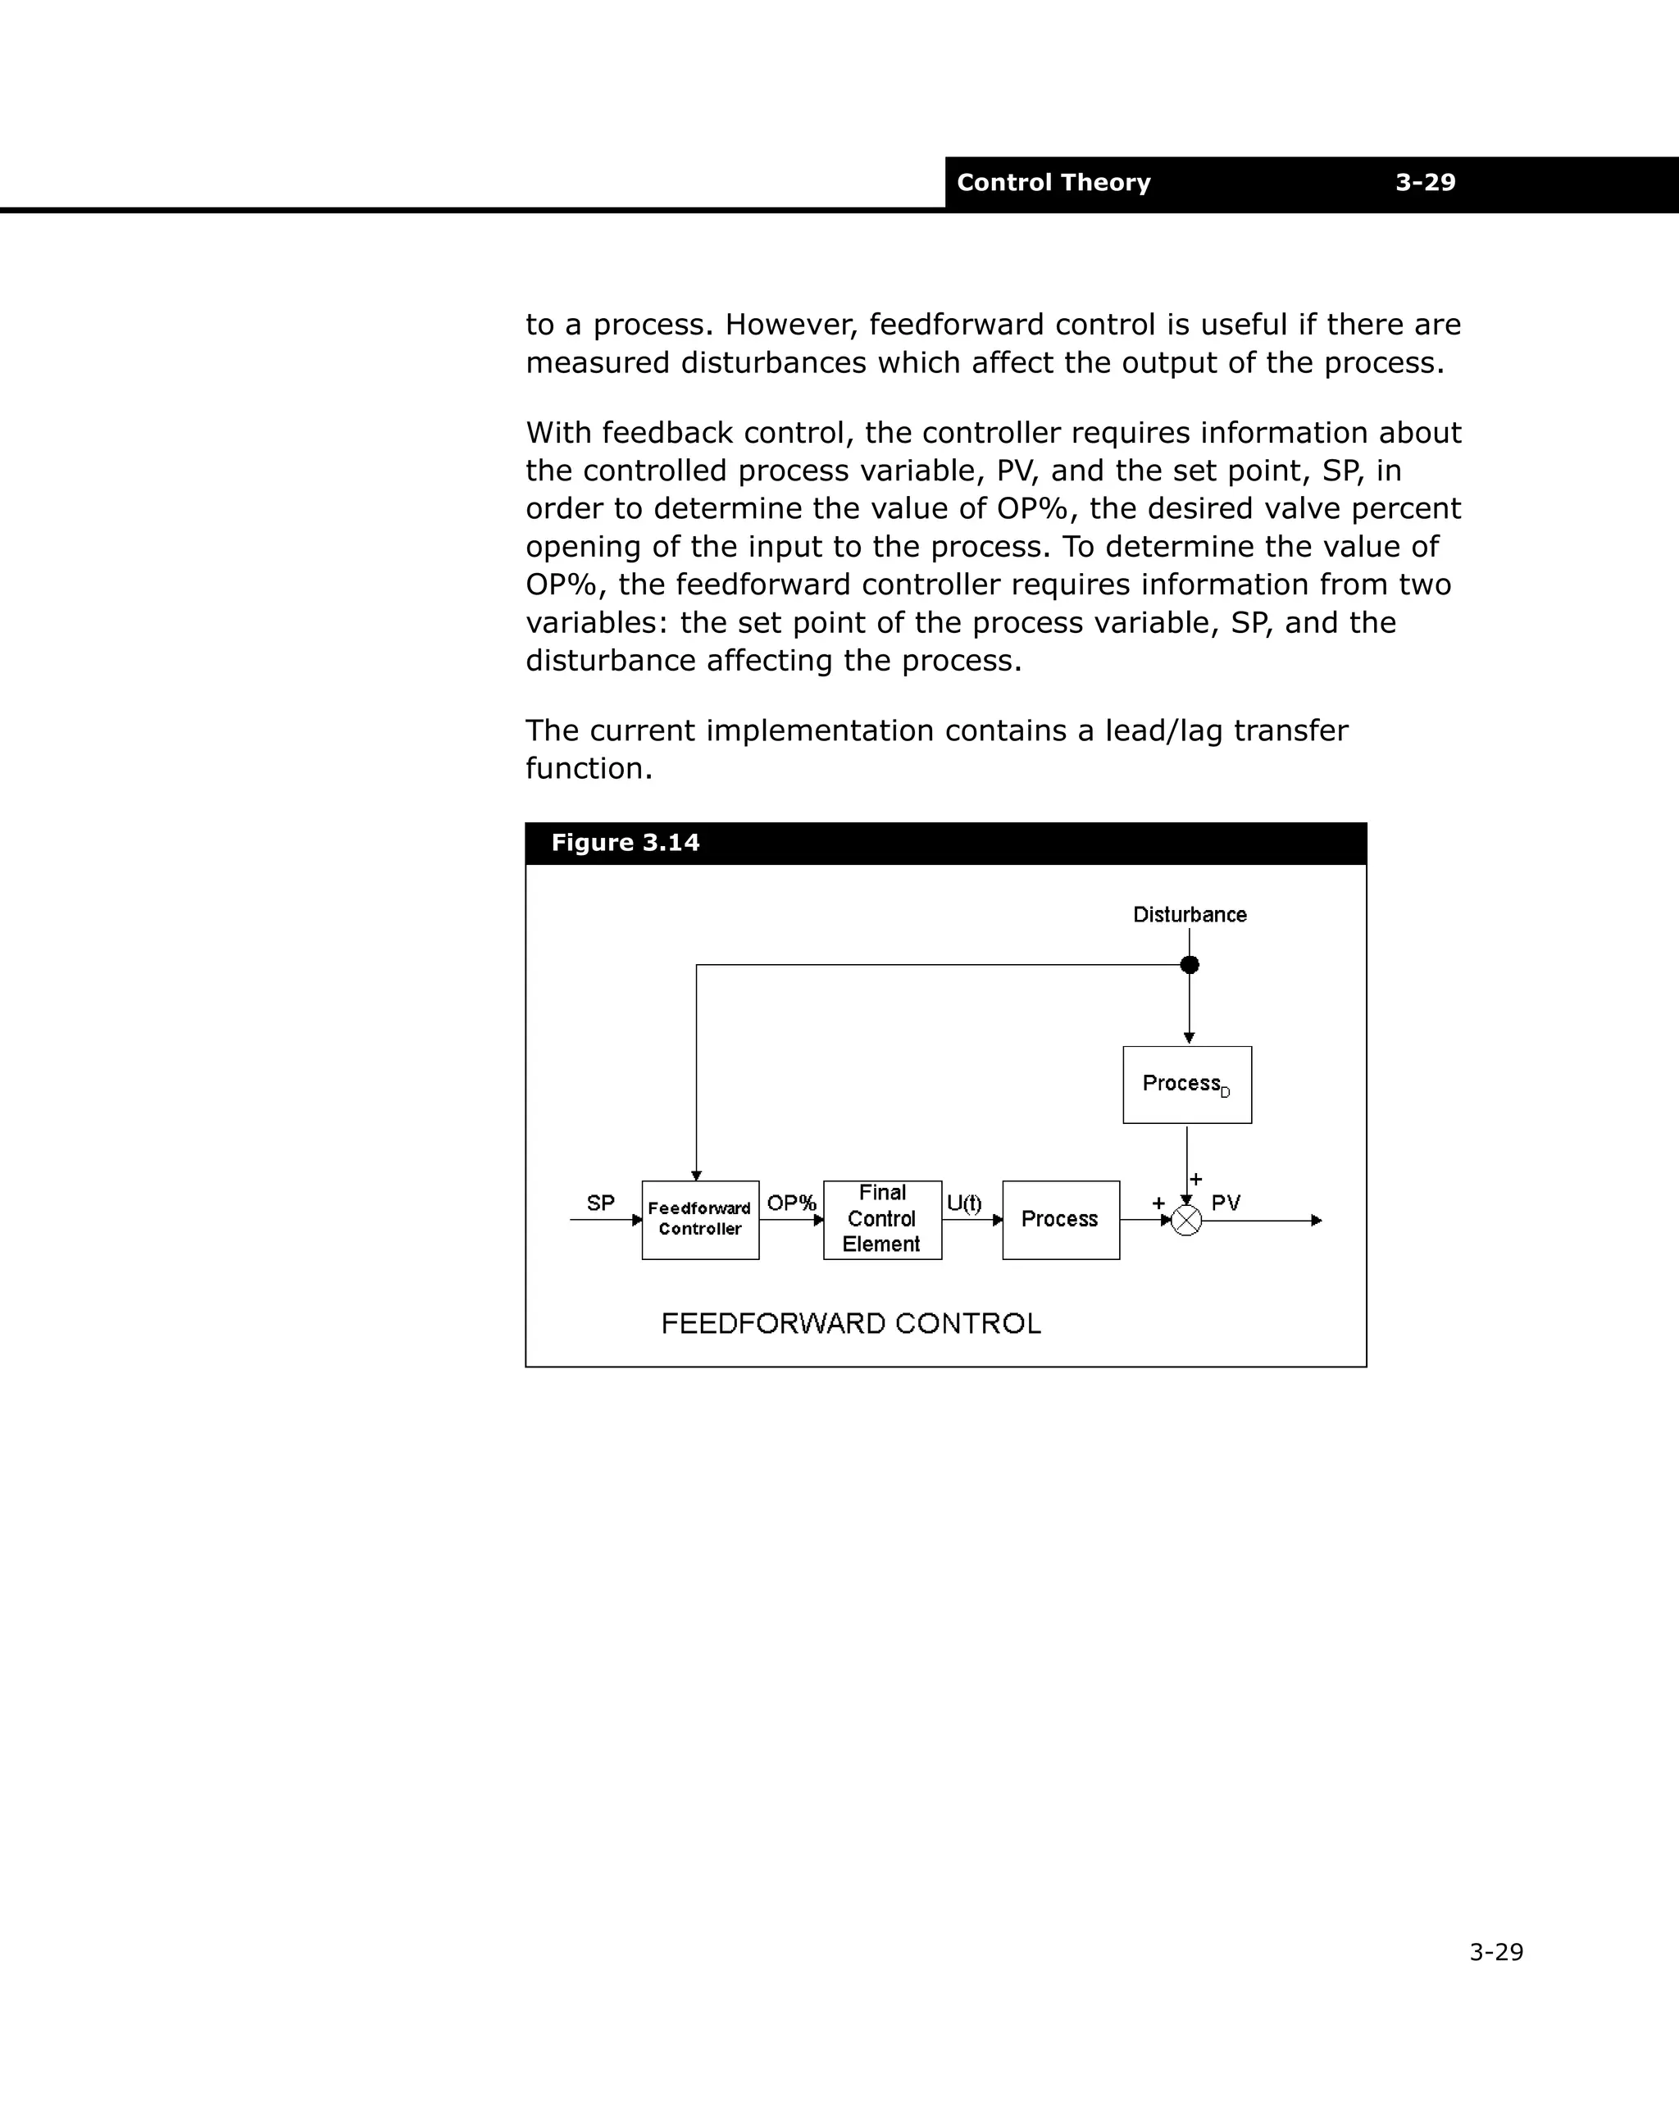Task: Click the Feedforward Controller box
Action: tap(700, 1220)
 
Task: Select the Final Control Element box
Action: tap(882, 1220)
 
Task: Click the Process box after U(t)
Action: tap(1061, 1220)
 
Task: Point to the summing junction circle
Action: tap(1186, 1221)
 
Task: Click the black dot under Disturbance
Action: tap(1190, 964)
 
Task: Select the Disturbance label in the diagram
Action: tap(1190, 915)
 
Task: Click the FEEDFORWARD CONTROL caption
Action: tap(850, 1323)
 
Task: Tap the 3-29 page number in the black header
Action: tap(1425, 182)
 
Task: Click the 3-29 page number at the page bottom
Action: tap(1495, 1952)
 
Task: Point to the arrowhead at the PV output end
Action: tap(1317, 1221)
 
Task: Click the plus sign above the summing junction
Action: tap(1196, 1180)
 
